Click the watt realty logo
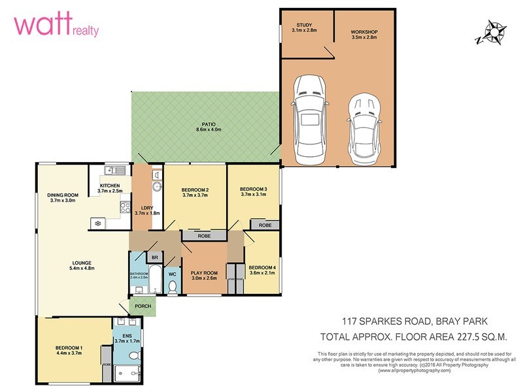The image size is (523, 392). [x=56, y=27]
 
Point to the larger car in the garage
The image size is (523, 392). [x=311, y=120]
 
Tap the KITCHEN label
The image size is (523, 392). [x=110, y=186]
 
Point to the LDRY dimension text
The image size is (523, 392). [x=147, y=212]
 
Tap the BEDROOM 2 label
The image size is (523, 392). [x=195, y=189]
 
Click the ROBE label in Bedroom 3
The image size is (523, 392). [x=265, y=225]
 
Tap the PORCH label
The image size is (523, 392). [x=143, y=306]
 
